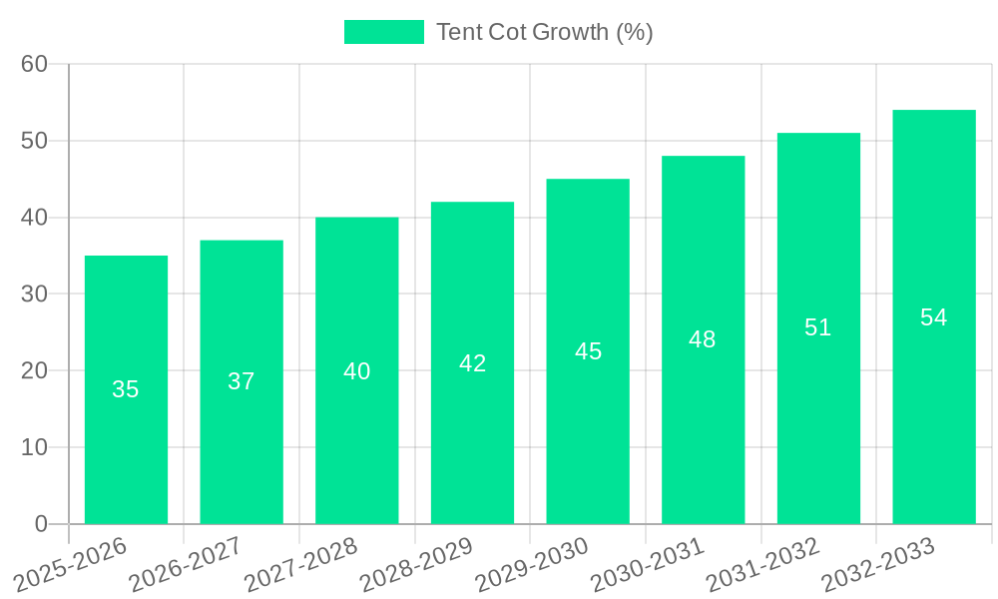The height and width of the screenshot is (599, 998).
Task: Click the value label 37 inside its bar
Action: pos(242,381)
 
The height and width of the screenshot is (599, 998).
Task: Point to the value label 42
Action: pos(472,363)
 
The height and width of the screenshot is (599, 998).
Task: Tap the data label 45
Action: pos(588,351)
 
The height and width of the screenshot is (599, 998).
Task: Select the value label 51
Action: pos(818,327)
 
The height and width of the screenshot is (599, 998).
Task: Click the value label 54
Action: pos(933,317)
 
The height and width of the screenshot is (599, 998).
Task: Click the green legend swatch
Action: pos(383,32)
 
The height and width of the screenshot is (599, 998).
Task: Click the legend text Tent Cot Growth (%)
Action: pos(545,32)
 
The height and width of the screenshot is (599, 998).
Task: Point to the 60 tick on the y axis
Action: pos(34,64)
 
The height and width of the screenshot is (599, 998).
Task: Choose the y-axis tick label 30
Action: pos(34,294)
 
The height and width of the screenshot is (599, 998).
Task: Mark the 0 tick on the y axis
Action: pos(41,524)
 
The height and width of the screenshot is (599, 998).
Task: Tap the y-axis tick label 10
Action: pos(34,447)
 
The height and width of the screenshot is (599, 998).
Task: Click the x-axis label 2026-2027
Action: pos(186,564)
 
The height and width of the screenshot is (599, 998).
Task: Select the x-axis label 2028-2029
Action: pos(416,564)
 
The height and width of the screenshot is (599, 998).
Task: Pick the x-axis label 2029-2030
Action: pos(532,564)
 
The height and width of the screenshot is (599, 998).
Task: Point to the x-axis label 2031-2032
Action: pos(762,564)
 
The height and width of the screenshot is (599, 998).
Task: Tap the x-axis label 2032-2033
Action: pos(878,564)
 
